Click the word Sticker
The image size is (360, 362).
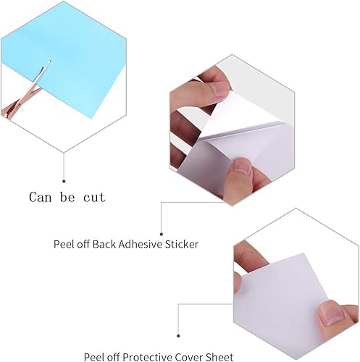pos(180,244)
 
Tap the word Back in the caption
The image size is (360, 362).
pos(102,244)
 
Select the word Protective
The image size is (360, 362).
pos(146,356)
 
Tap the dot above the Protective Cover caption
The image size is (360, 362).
pos(178,334)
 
